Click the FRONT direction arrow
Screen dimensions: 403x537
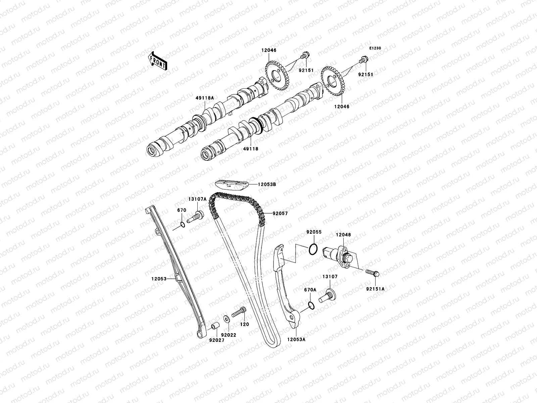158,60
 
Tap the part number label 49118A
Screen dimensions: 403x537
205,98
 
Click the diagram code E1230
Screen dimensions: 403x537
375,48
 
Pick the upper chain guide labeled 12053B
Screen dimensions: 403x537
232,185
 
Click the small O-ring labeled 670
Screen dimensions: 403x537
182,225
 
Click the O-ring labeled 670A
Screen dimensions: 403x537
311,305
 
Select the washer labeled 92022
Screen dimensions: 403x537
226,318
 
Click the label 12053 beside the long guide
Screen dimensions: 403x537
158,278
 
